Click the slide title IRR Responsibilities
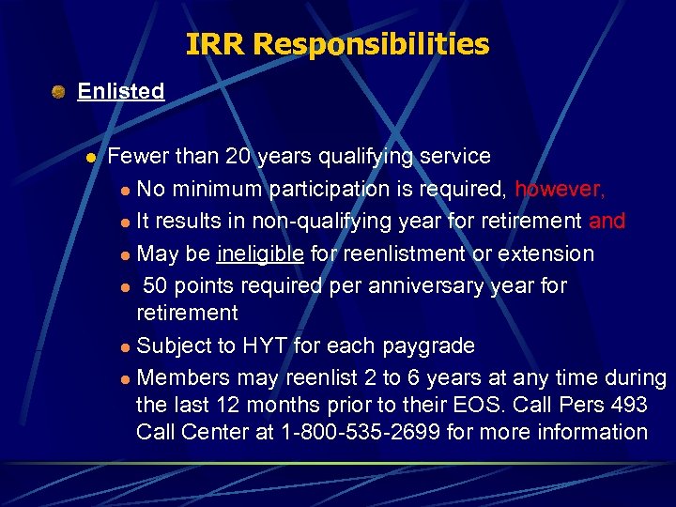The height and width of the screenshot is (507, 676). coord(337,44)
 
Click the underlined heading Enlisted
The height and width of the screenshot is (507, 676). coord(120,91)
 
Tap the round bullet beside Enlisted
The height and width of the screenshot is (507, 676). coord(58,92)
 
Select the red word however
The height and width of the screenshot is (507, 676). coord(560,190)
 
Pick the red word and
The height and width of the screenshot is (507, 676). coord(607,222)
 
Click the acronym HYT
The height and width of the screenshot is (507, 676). coord(266,346)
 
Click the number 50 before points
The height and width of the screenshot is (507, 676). coord(156,285)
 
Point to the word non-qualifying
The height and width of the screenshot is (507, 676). coord(301,222)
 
